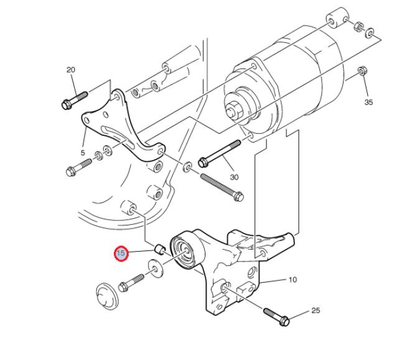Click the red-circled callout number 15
click(121, 253)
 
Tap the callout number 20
click(71, 70)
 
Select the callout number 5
click(83, 153)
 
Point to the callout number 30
click(234, 177)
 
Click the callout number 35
click(368, 102)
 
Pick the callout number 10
click(293, 280)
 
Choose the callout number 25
click(316, 311)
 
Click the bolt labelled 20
click(75, 100)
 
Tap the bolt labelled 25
click(276, 316)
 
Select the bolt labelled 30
click(220, 153)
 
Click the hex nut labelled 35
click(362, 70)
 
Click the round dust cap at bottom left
click(106, 296)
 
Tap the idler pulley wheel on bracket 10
click(187, 250)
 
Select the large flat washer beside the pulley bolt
click(156, 269)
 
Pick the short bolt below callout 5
click(78, 167)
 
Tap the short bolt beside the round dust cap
click(131, 283)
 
